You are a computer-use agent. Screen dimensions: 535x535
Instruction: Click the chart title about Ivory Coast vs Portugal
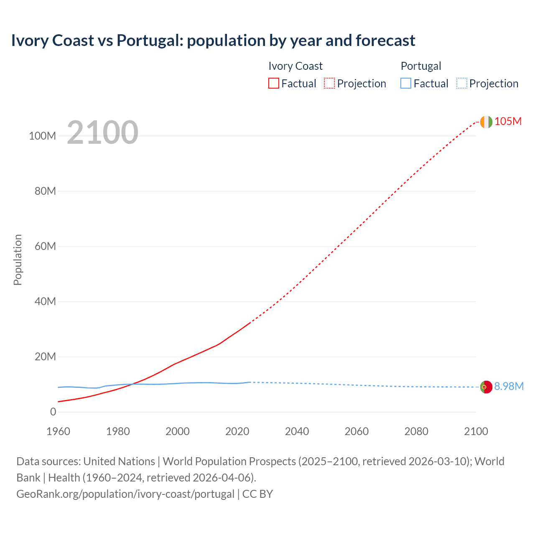click(213, 41)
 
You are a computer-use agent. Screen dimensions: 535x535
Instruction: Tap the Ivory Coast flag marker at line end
click(486, 122)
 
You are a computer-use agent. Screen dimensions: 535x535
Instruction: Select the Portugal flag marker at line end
click(486, 387)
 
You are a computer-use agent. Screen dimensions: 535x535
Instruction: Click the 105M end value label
click(508, 122)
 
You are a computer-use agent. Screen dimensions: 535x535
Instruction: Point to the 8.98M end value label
click(509, 387)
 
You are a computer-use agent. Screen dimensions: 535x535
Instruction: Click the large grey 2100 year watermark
click(102, 132)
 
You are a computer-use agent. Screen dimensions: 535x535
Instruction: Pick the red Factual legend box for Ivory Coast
click(274, 84)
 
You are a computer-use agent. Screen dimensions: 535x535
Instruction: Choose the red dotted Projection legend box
click(329, 84)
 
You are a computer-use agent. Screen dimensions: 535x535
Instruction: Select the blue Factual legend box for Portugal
click(406, 84)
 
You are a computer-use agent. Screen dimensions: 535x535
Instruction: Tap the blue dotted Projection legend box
click(461, 84)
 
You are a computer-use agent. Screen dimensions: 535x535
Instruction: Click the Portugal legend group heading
click(421, 66)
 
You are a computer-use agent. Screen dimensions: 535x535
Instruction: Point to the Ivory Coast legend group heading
click(296, 66)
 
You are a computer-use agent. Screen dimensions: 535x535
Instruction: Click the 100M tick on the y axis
click(42, 136)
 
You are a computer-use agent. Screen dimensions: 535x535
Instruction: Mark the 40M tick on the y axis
click(45, 302)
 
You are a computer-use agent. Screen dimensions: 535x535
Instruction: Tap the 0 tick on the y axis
click(53, 412)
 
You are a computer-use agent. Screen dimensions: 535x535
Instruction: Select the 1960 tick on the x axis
click(58, 431)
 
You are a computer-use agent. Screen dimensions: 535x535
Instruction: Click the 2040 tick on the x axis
click(297, 431)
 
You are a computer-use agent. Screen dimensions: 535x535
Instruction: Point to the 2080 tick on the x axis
click(416, 431)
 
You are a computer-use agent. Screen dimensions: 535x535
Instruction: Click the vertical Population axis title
click(18, 260)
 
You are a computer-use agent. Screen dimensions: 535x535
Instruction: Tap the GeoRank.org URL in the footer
click(125, 494)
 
